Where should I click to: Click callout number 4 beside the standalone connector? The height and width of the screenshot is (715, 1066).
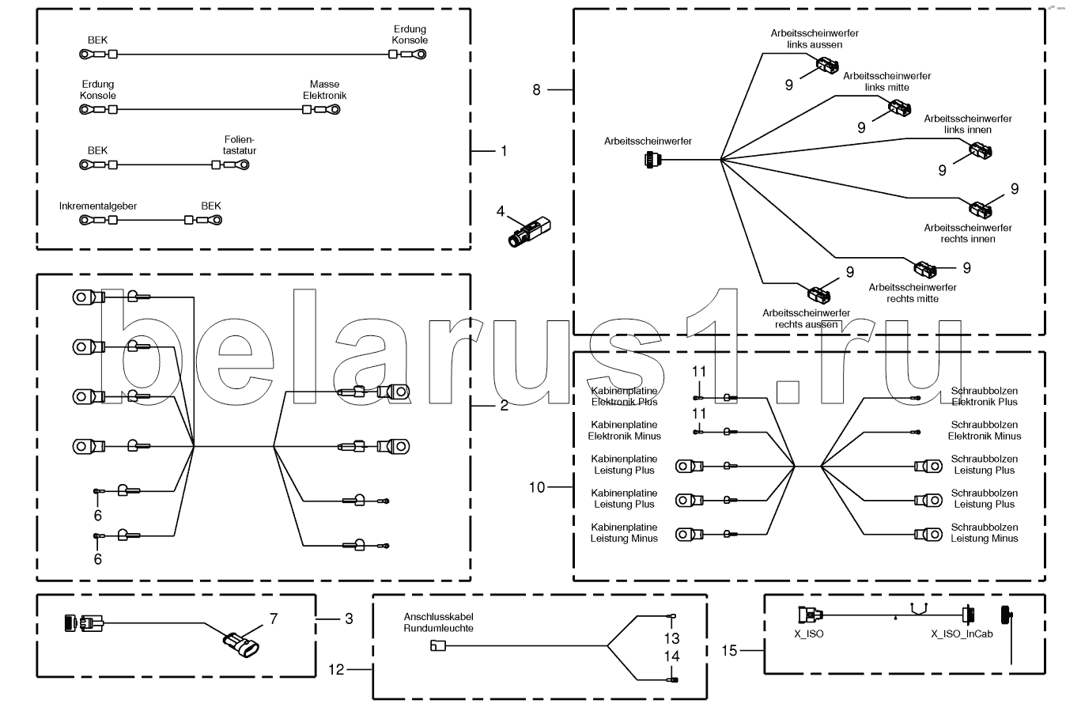pyautogui.click(x=500, y=211)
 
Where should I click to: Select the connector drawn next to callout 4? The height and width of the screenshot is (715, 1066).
pyautogui.click(x=529, y=233)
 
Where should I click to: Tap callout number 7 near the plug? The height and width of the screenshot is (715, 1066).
pyautogui.click(x=274, y=619)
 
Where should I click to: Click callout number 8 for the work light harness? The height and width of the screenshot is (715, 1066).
pyautogui.click(x=536, y=90)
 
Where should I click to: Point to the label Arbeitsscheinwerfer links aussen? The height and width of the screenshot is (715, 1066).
pyautogui.click(x=815, y=39)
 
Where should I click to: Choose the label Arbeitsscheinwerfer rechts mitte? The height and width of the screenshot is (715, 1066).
pyautogui.click(x=912, y=293)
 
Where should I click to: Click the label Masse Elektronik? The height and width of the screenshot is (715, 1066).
pyautogui.click(x=324, y=89)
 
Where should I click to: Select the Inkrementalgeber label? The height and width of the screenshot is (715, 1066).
pyautogui.click(x=98, y=206)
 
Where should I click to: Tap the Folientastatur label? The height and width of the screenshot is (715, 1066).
pyautogui.click(x=240, y=144)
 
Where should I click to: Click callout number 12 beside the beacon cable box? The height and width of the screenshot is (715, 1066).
pyautogui.click(x=337, y=669)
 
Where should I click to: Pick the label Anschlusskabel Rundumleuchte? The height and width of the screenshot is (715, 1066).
pyautogui.click(x=439, y=622)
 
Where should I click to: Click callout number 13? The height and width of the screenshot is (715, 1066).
pyautogui.click(x=671, y=638)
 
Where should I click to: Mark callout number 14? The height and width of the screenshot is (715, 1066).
pyautogui.click(x=671, y=656)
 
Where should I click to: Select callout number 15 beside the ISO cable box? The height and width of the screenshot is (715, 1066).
pyautogui.click(x=729, y=650)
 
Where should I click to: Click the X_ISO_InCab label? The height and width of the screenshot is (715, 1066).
pyautogui.click(x=961, y=634)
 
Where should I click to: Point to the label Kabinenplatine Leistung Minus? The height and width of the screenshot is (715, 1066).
pyautogui.click(x=624, y=532)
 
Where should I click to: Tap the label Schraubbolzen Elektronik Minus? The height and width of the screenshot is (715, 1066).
pyautogui.click(x=984, y=430)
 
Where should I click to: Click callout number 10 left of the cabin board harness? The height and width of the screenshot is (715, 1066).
pyautogui.click(x=537, y=487)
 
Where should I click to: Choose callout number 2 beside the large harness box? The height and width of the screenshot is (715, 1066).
pyautogui.click(x=504, y=406)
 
